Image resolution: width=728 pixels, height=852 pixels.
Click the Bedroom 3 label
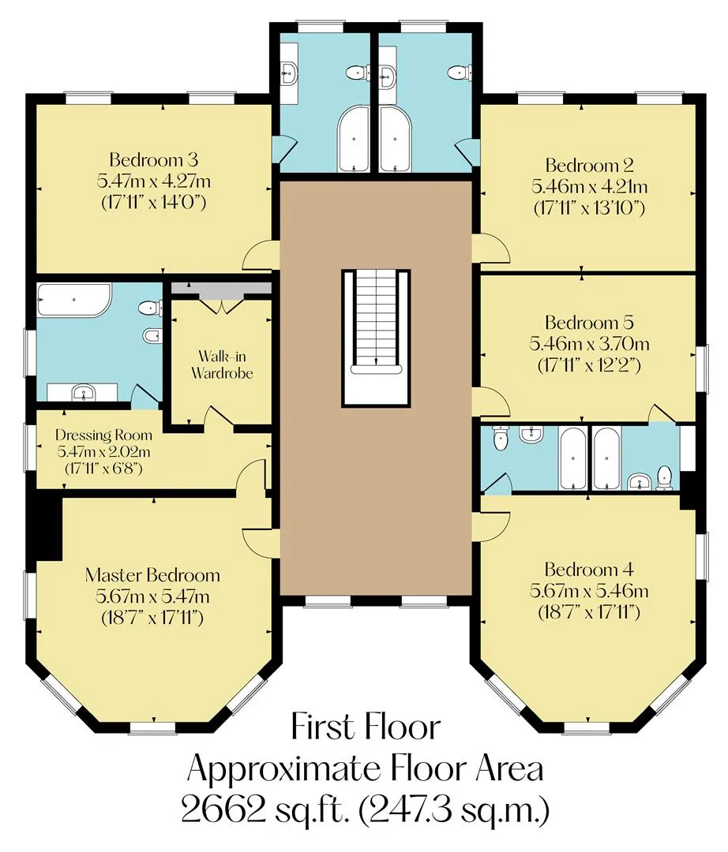153,159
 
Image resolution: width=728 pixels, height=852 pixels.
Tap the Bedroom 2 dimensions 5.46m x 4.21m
589,187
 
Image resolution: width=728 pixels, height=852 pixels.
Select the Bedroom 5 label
589,323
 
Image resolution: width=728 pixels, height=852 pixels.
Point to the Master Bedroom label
152,575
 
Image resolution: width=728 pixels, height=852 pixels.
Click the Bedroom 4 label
589,570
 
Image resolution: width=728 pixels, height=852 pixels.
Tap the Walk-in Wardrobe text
222,364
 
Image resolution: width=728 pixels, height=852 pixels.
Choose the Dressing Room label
104,435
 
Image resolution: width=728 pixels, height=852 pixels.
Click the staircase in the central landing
376,338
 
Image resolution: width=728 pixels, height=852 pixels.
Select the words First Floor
366,727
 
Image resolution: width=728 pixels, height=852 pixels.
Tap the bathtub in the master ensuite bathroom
74,300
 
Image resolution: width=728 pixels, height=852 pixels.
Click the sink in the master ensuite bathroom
83,392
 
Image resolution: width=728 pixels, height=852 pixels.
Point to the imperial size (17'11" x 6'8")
104,468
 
